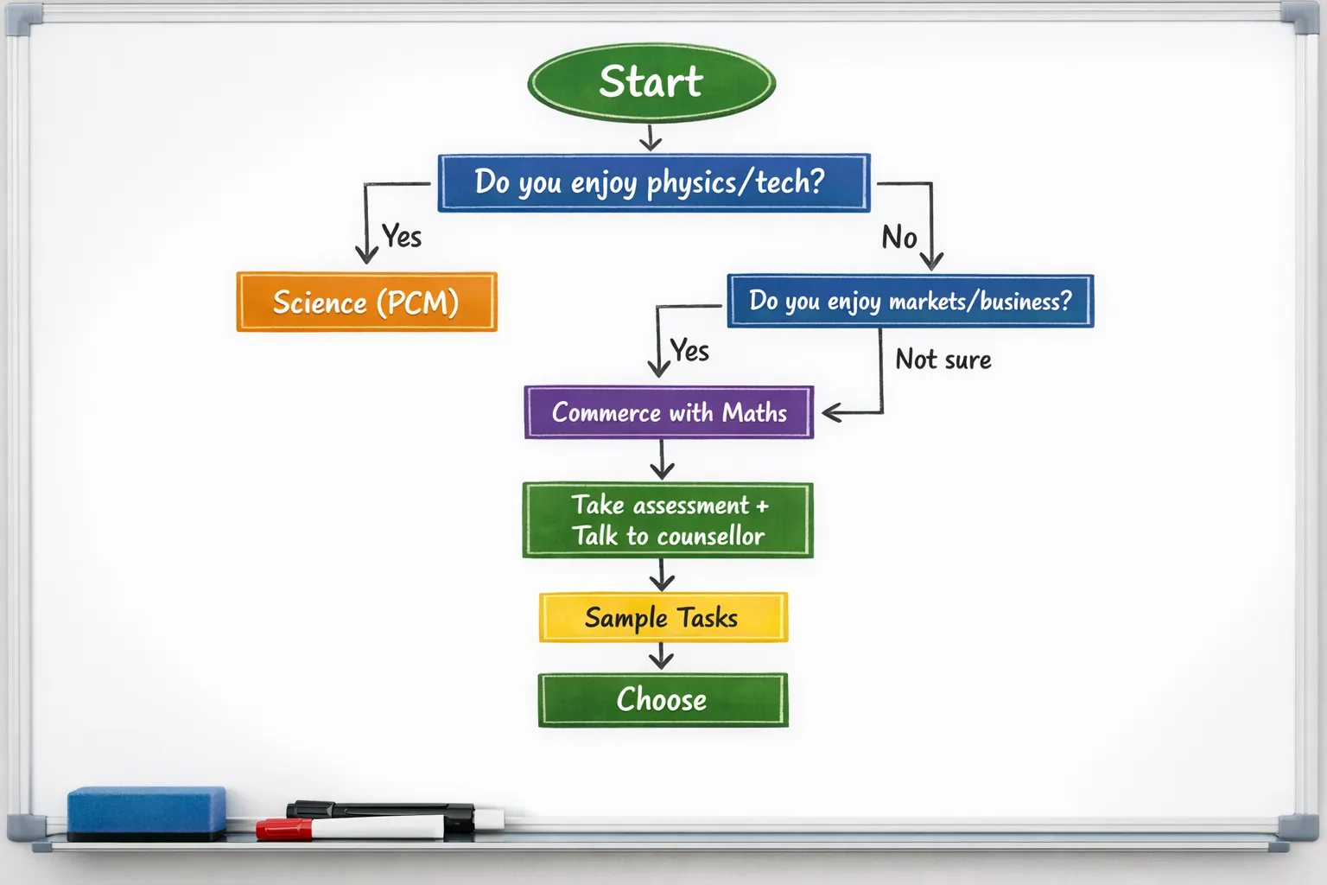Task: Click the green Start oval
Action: point(651,83)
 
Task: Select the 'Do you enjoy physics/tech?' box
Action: point(653,182)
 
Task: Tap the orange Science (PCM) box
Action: point(366,302)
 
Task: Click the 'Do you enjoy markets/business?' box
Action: point(910,301)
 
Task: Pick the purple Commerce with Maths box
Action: point(669,412)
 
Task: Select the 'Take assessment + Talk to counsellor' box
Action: point(668,520)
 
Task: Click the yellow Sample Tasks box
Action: point(663,617)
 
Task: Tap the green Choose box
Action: point(663,700)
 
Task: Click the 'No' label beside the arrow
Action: point(898,238)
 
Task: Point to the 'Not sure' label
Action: point(943,360)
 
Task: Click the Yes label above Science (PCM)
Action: point(402,236)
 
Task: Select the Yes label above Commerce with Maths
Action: point(689,351)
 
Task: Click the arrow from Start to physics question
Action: point(651,137)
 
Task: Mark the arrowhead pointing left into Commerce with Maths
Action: point(831,413)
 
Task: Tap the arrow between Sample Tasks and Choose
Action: point(662,658)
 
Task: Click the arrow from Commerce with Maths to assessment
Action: point(662,460)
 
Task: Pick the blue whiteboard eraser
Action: point(147,812)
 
